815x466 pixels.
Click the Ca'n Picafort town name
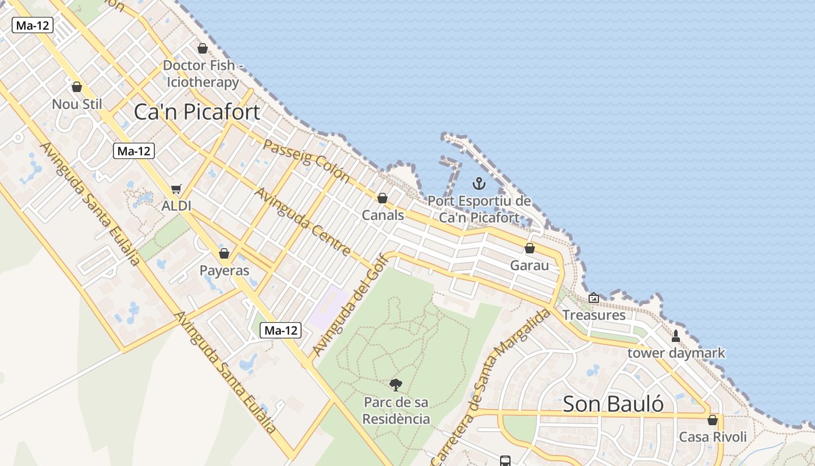point(197,112)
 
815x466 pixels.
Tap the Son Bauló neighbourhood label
point(613,404)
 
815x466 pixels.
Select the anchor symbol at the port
point(479,184)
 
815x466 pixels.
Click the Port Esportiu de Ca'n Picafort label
point(479,209)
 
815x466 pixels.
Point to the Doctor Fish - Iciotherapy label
point(203,73)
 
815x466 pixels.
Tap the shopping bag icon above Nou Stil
point(77,87)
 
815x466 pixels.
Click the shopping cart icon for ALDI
point(176,189)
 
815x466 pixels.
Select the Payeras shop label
point(224,270)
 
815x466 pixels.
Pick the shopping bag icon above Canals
point(382,198)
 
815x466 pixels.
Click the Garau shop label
point(529,266)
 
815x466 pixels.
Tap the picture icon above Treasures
point(593,298)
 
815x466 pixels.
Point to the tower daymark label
point(676,353)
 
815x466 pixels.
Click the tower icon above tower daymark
point(676,336)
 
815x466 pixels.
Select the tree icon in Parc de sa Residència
point(396,384)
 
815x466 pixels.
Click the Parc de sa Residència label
point(396,411)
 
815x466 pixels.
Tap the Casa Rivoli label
point(713,437)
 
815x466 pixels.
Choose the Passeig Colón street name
point(306,161)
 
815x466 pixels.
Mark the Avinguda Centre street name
point(303,221)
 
